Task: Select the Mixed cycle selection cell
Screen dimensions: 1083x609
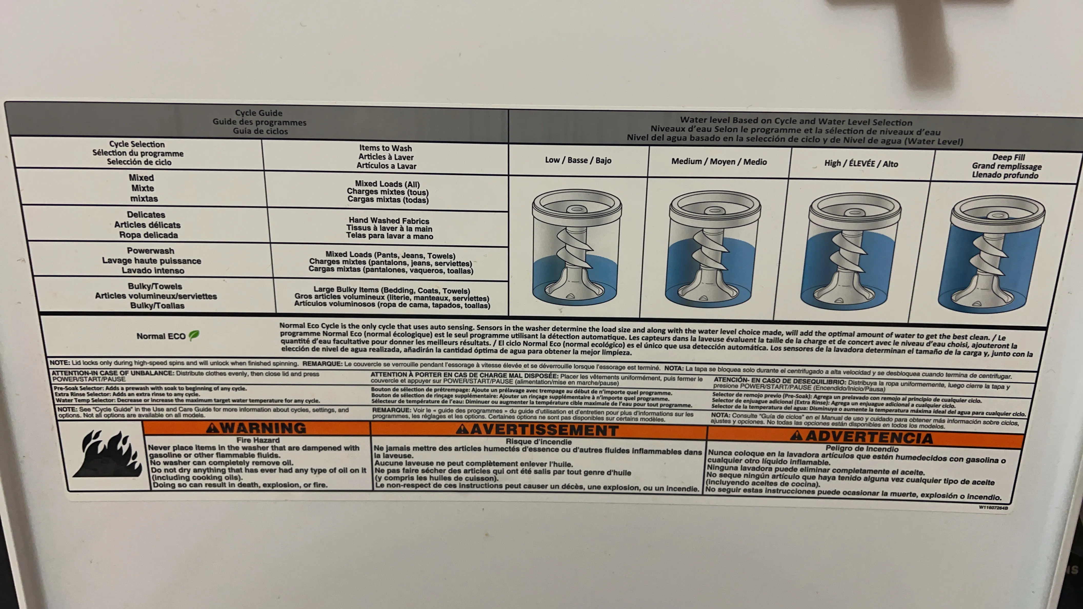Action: tap(143, 188)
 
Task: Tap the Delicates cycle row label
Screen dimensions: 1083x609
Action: tap(147, 225)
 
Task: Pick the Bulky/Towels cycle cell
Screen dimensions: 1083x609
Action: tap(156, 296)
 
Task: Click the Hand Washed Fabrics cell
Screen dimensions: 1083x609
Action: tap(389, 228)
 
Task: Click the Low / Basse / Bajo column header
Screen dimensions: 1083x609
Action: tap(578, 160)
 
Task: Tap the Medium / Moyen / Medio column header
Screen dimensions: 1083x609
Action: tap(719, 162)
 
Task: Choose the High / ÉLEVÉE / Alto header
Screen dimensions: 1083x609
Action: tap(861, 164)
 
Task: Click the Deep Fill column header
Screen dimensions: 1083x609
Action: tap(1007, 166)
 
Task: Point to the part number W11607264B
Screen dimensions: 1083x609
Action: tap(993, 508)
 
